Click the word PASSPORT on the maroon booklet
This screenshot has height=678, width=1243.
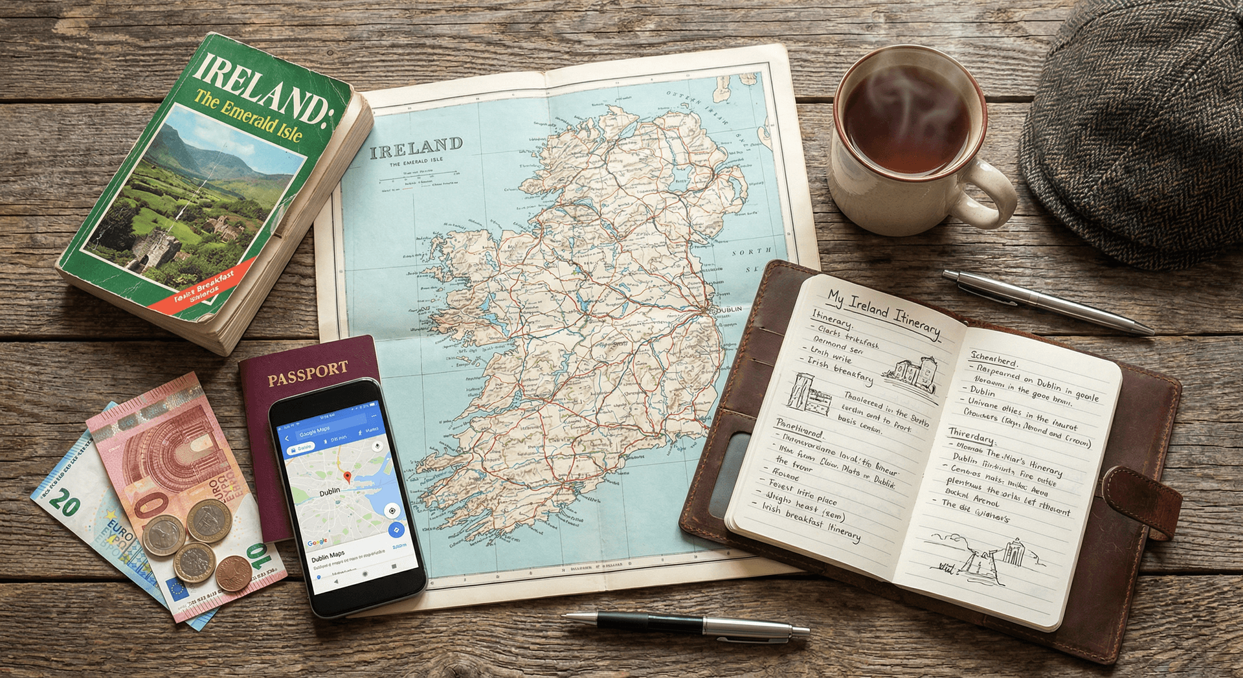(x=308, y=374)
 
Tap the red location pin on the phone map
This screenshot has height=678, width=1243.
(x=347, y=478)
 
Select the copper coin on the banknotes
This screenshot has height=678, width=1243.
(x=232, y=573)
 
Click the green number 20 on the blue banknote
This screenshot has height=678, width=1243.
(x=65, y=502)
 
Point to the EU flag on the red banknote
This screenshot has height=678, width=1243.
(x=176, y=589)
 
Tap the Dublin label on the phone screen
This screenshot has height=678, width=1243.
(x=330, y=492)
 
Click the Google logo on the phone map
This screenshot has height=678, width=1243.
(x=317, y=542)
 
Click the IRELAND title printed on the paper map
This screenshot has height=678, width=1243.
(x=416, y=148)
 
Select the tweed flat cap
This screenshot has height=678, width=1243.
(x=1139, y=130)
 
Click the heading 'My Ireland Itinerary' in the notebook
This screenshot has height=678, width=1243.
(x=884, y=313)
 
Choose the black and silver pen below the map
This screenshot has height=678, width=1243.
(x=686, y=625)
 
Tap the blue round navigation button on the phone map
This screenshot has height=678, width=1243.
(x=396, y=530)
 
